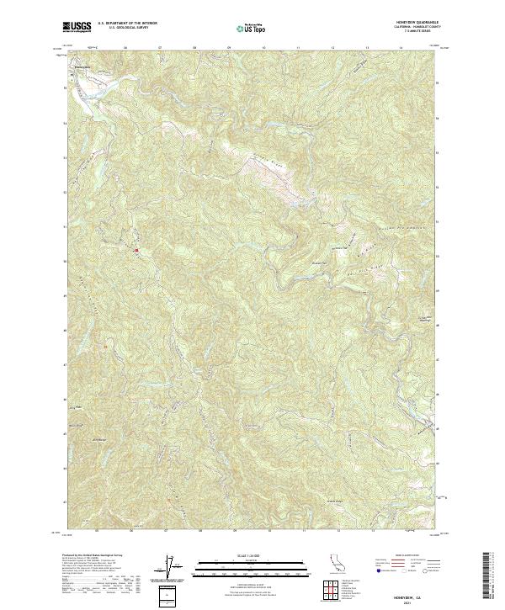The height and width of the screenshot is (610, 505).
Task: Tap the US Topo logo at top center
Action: tap(252, 28)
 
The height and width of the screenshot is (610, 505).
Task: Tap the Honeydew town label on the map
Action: tap(81, 66)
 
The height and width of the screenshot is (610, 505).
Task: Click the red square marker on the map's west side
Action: tap(136, 249)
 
